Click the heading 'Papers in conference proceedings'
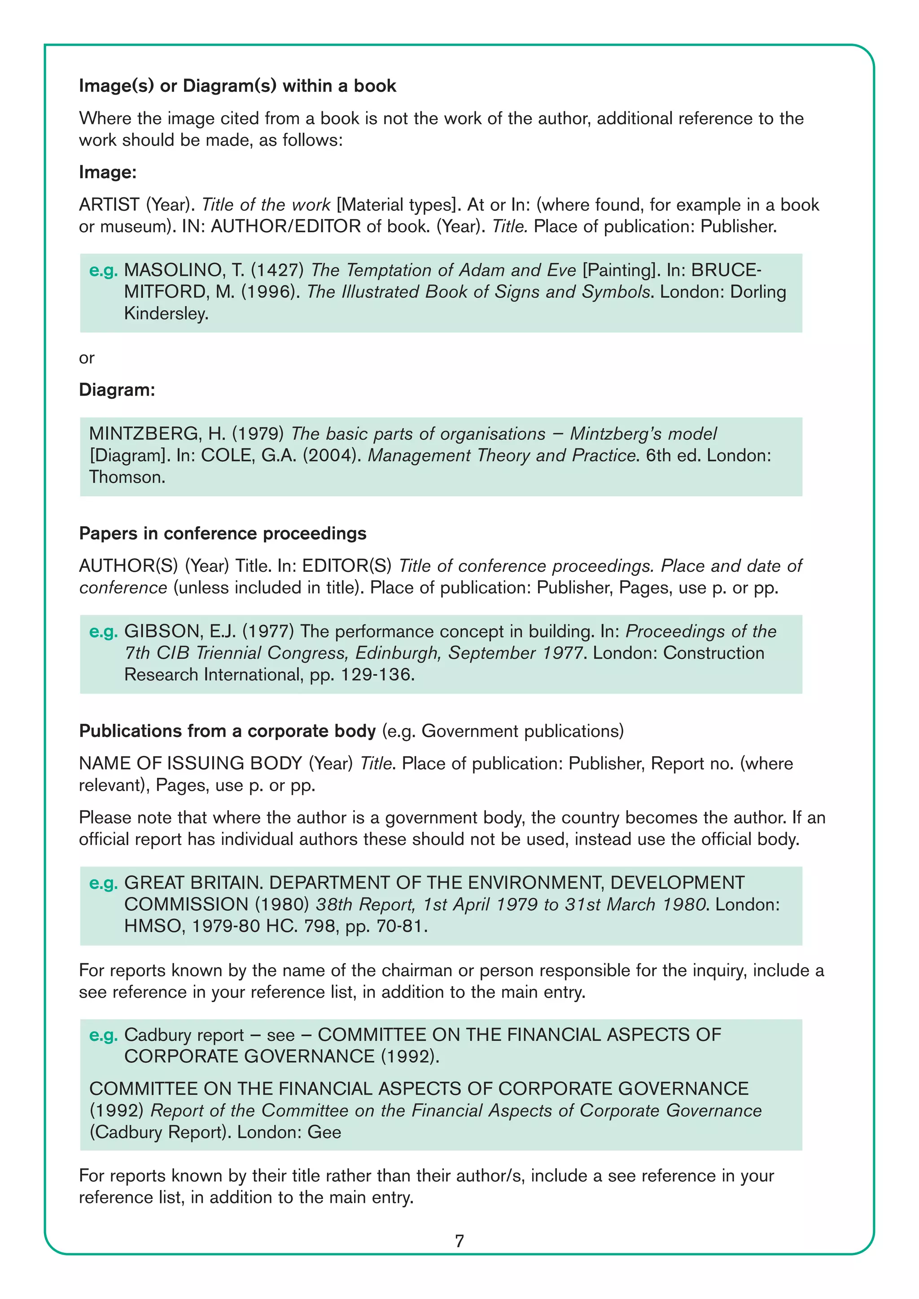[x=223, y=533]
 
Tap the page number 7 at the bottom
[x=459, y=1241]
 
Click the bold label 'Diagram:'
[x=117, y=390]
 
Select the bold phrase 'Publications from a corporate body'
[x=227, y=731]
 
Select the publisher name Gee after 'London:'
[x=324, y=1132]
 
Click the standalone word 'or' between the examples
[x=87, y=357]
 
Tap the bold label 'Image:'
[x=108, y=172]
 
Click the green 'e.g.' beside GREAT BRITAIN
[x=103, y=883]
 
